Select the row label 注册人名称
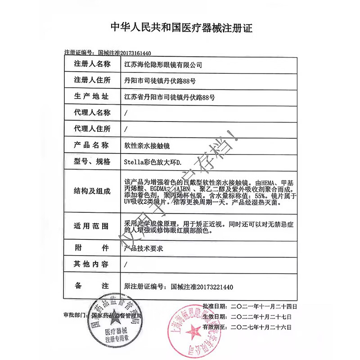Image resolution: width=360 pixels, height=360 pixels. click(91, 64)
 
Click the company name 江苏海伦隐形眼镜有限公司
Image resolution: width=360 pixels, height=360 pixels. click(163, 64)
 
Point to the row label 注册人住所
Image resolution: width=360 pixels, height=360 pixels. click(91, 80)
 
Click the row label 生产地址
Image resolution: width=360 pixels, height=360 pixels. click(91, 96)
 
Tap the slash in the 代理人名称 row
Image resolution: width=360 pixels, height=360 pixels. click(126, 112)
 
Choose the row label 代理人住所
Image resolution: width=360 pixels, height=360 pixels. click(91, 129)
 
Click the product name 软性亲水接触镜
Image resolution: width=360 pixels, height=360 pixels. click(148, 145)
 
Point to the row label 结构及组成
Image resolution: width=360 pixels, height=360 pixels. click(91, 191)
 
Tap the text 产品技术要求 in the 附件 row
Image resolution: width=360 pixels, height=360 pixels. click(143, 247)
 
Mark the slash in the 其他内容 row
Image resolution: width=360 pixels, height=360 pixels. click(126, 265)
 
